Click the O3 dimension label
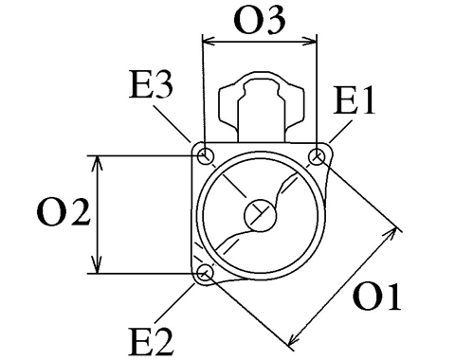point(260,20)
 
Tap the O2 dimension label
point(64,212)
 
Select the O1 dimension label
point(377,297)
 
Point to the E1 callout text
point(354,100)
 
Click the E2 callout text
point(152,342)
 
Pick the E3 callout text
point(151,84)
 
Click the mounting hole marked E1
point(317,156)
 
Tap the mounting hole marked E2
point(205,272)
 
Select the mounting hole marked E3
point(206,155)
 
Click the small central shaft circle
point(261,216)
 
